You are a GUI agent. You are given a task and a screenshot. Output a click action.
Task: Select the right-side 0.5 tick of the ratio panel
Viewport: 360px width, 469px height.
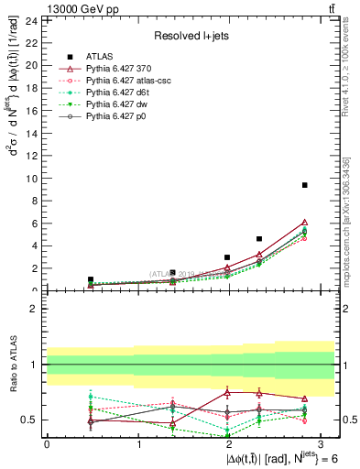tap(349, 420)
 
